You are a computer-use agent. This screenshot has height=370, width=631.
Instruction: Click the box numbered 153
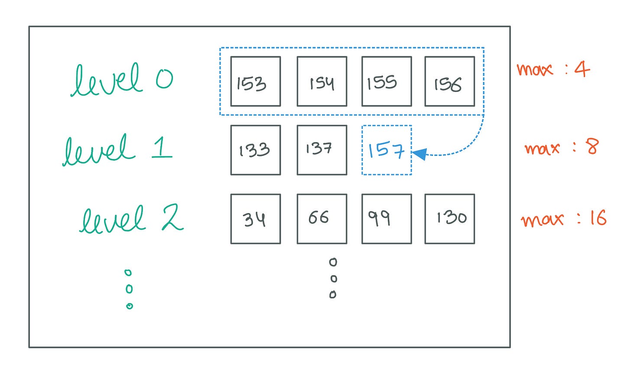coord(255,81)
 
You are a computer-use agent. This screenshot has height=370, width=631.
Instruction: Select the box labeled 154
coord(322,81)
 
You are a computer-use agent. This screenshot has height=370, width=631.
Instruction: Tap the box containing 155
coord(386,81)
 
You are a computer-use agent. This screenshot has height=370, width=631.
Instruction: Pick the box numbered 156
coord(449,81)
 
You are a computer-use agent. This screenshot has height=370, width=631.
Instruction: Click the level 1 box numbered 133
coord(255,150)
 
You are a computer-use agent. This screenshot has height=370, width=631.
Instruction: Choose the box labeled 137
coord(322,150)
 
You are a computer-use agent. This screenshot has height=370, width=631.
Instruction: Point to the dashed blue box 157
coord(386,150)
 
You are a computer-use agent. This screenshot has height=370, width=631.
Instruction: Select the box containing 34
coord(255,219)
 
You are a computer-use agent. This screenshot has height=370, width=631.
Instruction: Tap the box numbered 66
coord(322,219)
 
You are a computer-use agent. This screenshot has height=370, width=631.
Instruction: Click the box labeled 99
coord(386,219)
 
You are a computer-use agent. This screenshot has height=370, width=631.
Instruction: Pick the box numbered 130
coord(449,219)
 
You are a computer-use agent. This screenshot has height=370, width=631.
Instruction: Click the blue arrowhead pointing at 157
coord(419,154)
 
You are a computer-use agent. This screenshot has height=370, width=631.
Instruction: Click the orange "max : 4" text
coord(553,69)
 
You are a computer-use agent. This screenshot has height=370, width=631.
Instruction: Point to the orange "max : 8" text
coord(561,147)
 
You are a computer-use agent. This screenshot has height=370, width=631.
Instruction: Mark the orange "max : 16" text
coord(563,219)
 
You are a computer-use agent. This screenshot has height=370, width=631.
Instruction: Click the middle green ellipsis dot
coord(129,289)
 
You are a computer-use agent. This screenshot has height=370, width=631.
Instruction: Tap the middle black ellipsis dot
coord(333,279)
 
